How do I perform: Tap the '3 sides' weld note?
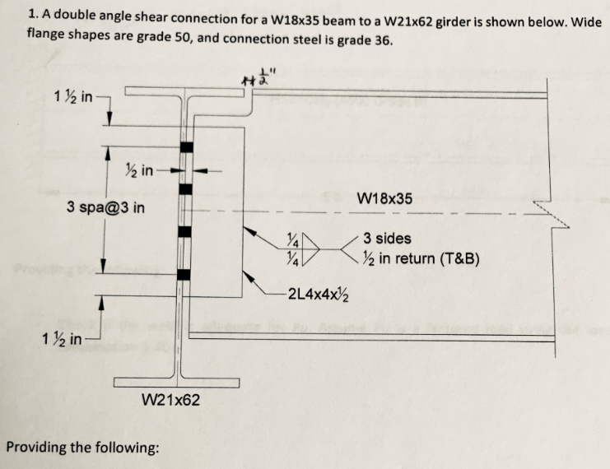[387, 239]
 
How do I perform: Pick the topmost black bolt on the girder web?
[186, 148]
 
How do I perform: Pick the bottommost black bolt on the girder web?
[186, 274]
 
